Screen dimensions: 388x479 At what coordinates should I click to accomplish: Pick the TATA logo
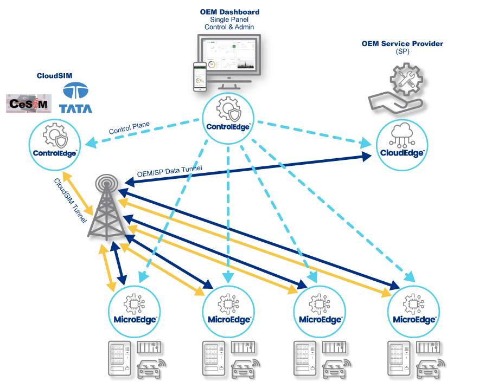76,98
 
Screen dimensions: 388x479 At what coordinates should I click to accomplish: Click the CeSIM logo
28,103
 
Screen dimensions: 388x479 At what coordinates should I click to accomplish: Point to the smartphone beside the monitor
201,75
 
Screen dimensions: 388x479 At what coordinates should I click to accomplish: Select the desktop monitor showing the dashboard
233,57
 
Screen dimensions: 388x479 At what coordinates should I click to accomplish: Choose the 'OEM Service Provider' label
402,43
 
